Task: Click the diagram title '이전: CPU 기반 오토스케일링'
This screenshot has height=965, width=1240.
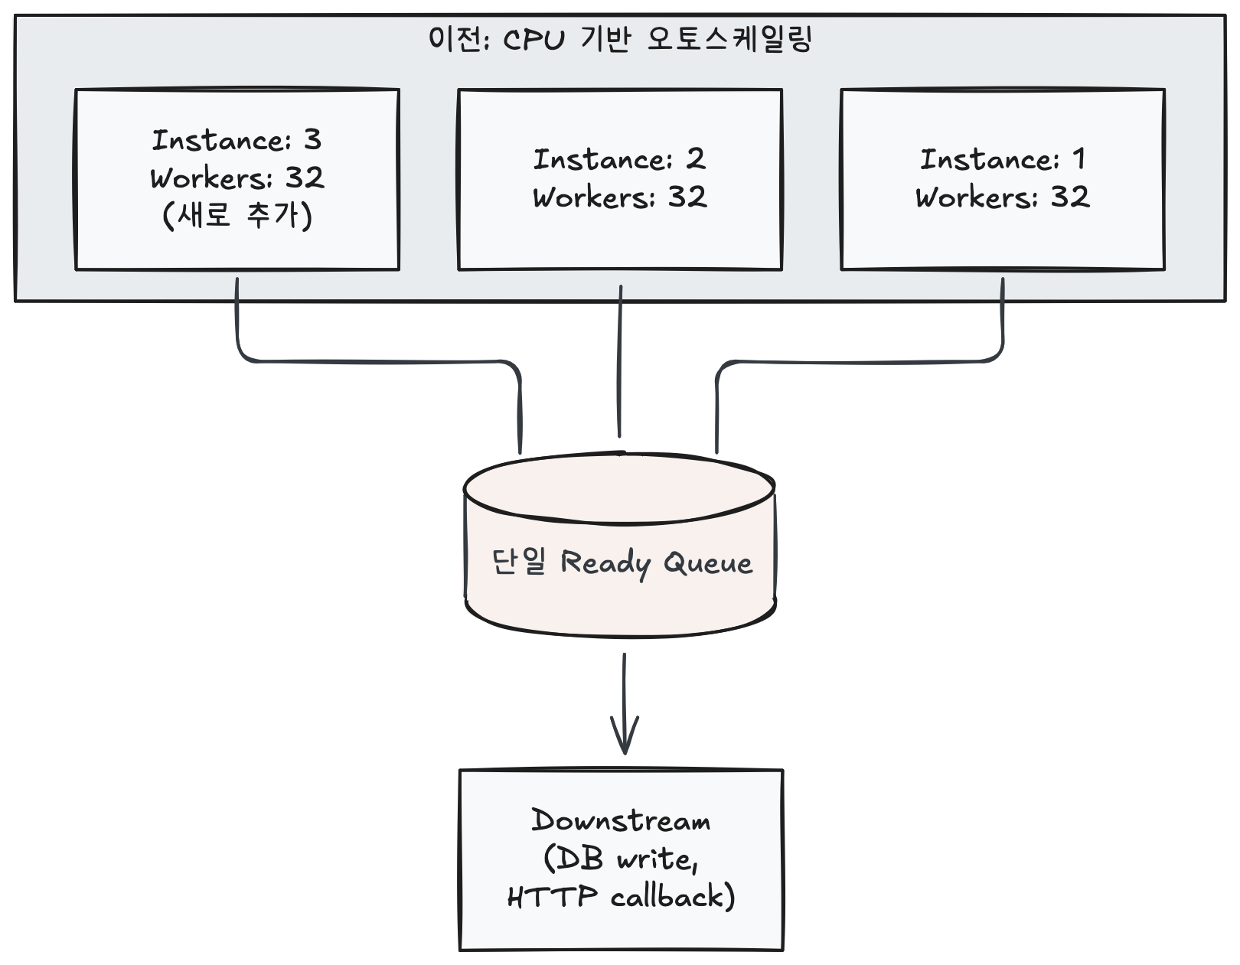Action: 620,38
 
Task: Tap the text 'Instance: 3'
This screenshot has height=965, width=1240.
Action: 237,140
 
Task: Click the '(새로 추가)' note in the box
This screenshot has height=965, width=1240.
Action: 237,215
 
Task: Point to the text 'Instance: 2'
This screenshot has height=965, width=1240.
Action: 619,159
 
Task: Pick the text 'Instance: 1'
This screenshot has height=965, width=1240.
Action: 1002,159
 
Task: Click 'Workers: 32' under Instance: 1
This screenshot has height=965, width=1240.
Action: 1002,197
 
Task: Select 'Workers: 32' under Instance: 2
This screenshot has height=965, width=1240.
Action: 619,197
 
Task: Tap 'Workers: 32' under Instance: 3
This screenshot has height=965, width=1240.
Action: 237,178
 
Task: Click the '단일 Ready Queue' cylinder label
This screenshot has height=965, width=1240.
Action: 621,562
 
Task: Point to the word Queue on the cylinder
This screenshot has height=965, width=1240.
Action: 708,562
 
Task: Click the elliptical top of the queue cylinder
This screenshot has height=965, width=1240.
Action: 620,490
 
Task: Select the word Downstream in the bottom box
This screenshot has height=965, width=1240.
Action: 621,821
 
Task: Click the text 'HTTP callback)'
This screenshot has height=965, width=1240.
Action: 621,896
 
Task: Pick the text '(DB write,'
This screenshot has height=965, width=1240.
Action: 621,859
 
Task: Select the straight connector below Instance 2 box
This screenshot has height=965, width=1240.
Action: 620,360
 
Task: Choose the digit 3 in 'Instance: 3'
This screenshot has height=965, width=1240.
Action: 312,139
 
